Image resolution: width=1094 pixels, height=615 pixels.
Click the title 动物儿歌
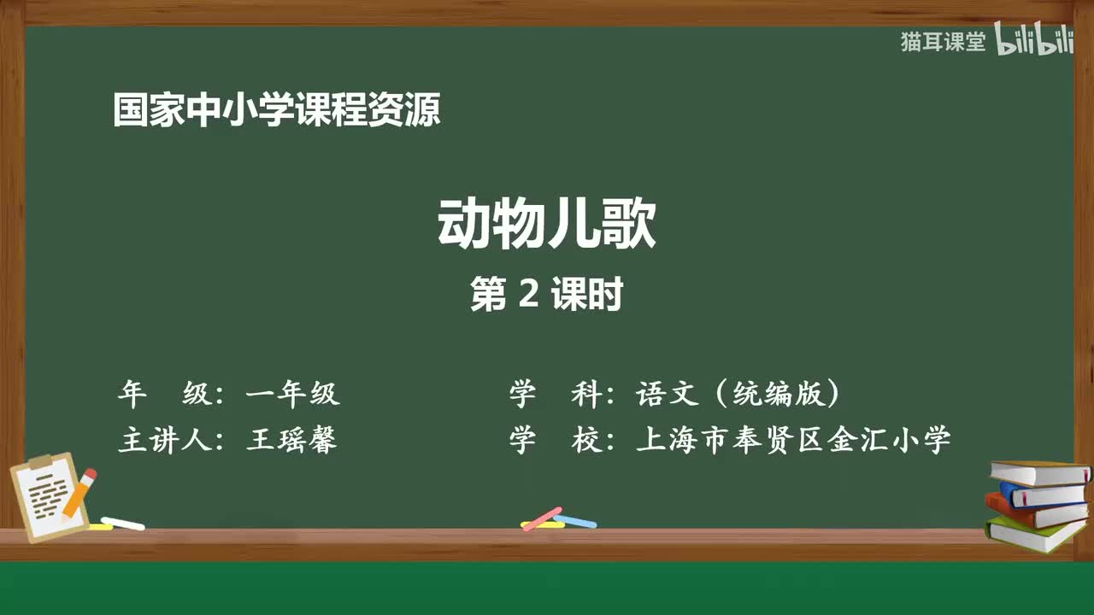(547, 224)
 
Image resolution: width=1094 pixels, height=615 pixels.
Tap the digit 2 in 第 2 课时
(527, 296)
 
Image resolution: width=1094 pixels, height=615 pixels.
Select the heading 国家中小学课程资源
(277, 111)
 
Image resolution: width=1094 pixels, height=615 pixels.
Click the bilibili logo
(1035, 42)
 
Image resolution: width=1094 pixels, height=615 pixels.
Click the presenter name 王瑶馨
(291, 440)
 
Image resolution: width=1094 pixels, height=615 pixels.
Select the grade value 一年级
(292, 394)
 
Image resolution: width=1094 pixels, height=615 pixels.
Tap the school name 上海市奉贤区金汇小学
(792, 440)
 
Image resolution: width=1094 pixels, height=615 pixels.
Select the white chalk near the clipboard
(123, 523)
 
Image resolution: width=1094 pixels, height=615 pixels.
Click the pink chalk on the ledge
(542, 518)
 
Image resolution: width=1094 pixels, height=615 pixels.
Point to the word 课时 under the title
(586, 296)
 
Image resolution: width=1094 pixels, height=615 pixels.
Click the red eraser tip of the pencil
(90, 474)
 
